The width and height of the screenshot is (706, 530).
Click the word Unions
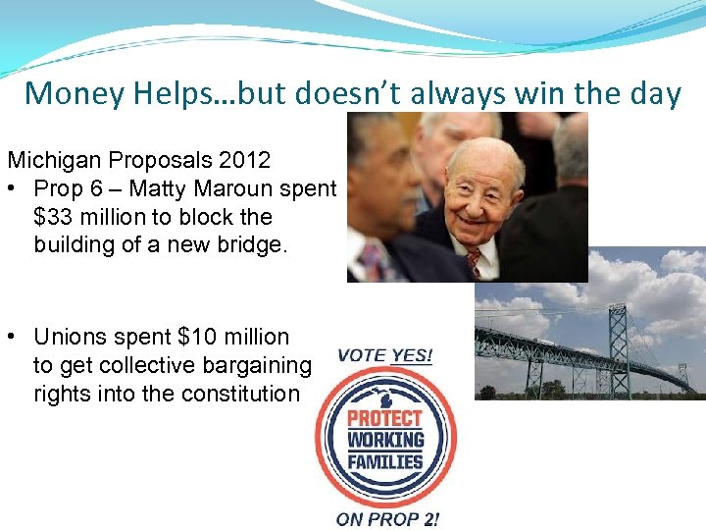point(68,337)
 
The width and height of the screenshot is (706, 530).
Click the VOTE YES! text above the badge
point(384,355)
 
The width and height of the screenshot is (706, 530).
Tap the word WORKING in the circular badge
point(386,439)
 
